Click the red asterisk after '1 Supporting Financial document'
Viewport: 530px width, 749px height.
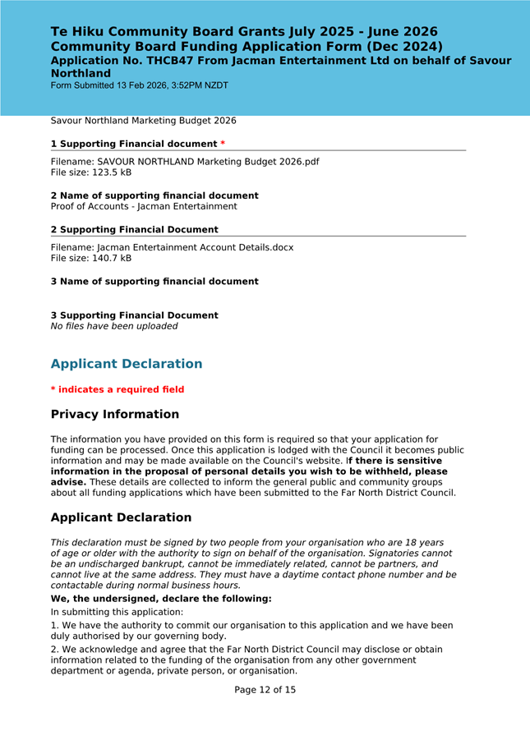[222, 145]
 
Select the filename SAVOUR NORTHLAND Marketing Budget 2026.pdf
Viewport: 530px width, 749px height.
[208, 162]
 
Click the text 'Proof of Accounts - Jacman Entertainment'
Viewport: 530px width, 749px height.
[144, 207]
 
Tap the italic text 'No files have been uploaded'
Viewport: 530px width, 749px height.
[113, 326]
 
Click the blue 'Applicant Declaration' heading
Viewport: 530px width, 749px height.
[127, 364]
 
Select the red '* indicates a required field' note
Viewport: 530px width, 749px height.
[118, 389]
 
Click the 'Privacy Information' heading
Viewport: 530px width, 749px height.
[115, 415]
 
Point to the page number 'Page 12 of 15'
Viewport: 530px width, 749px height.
[265, 690]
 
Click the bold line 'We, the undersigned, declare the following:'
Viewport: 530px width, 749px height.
[161, 599]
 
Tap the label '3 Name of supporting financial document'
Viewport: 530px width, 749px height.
[154, 282]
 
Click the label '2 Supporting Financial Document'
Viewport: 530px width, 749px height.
[135, 230]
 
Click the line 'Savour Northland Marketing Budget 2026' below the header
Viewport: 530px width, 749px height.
[144, 121]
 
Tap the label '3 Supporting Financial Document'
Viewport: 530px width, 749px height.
[135, 315]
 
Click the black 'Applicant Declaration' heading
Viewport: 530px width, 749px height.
[121, 518]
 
